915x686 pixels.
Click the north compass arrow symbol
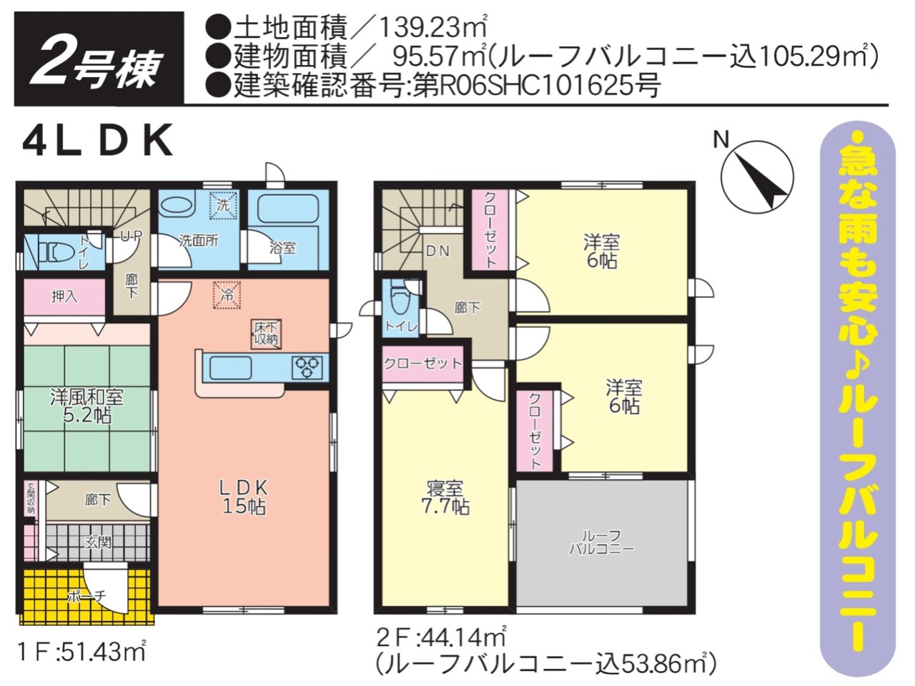(758, 177)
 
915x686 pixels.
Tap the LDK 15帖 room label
(244, 497)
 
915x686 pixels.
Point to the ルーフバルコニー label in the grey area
(601, 542)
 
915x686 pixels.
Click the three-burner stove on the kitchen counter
(307, 367)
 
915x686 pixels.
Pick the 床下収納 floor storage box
(267, 334)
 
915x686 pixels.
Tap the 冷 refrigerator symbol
(227, 295)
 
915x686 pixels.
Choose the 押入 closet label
(64, 297)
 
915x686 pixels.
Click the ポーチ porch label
(87, 596)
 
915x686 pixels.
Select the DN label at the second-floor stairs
(438, 251)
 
